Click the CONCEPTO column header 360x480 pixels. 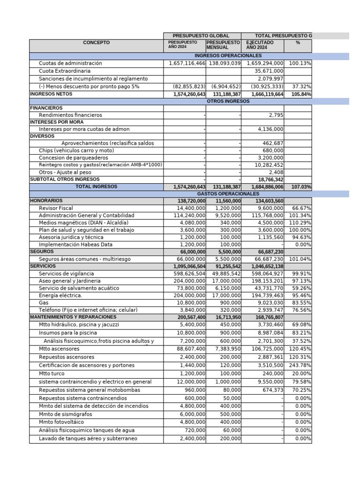pos(96,43)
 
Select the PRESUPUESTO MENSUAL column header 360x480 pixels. pos(223,45)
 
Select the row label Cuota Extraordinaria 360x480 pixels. pos(65,71)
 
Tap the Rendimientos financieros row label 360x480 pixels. pos(70,115)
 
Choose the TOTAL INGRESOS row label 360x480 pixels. pos(96,187)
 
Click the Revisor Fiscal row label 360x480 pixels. pos(56,208)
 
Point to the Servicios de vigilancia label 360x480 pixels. pos(66,273)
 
